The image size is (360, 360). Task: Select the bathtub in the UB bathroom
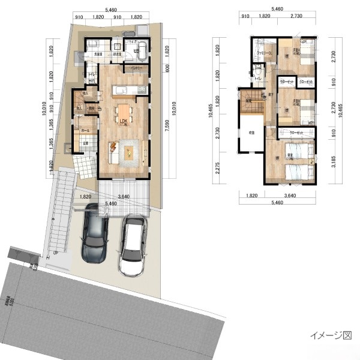(142, 49)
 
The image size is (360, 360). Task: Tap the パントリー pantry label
(136, 69)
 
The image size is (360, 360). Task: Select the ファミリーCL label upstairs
(263, 54)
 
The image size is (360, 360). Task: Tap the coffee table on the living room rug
(130, 150)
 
